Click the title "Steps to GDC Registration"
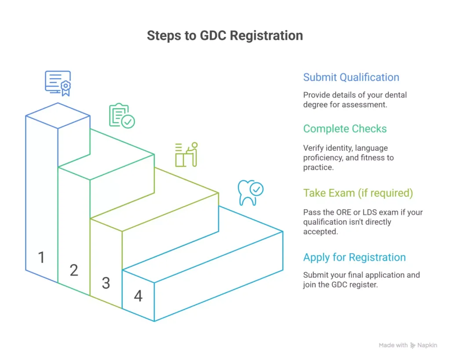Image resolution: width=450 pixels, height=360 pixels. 225,36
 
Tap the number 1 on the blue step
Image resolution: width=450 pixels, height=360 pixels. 42,257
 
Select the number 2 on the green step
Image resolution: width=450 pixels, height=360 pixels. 74,270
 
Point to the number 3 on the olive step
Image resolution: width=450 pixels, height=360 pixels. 106,283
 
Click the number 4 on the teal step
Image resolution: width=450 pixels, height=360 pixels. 138,296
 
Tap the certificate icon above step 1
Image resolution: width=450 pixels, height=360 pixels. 58,83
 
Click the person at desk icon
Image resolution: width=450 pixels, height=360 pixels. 186,154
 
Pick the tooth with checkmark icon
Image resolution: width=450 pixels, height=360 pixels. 250,193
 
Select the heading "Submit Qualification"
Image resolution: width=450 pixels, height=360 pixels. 351,77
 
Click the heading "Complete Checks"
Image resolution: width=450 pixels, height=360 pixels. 345,129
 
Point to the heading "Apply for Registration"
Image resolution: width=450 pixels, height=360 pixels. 354,258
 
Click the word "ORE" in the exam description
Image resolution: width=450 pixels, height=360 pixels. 341,212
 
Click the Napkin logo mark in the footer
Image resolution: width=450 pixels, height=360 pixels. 413,345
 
